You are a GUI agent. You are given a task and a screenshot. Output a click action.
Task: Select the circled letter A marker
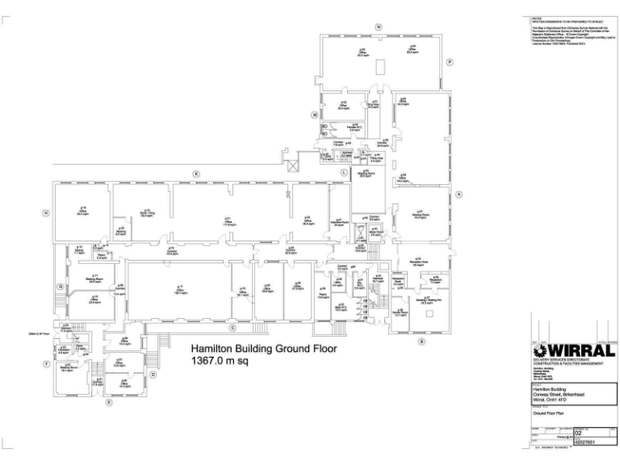(459, 195)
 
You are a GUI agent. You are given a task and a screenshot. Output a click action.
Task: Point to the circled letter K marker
(195, 174)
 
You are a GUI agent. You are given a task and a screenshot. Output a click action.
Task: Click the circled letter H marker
(46, 212)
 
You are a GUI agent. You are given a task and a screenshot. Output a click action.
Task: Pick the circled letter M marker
(314, 115)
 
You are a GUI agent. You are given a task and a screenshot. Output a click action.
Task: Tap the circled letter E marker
(109, 401)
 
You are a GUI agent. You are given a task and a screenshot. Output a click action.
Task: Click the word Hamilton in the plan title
(212, 350)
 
